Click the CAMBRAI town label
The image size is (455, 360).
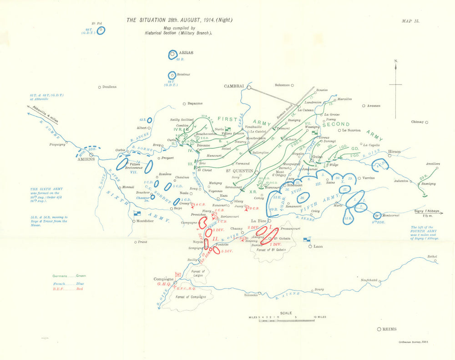(x=234, y=86)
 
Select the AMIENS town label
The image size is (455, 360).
(x=85, y=159)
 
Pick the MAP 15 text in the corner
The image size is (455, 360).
(x=411, y=21)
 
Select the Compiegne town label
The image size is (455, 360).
(x=164, y=279)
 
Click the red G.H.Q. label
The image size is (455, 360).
(x=163, y=284)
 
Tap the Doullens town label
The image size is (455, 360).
(x=109, y=87)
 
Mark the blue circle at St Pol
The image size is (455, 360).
(x=101, y=30)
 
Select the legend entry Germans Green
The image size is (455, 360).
(x=69, y=275)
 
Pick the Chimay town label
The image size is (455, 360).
(x=417, y=122)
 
